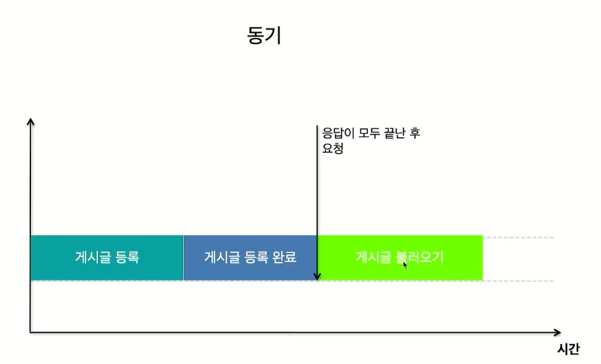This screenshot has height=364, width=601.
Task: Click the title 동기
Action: coord(264,36)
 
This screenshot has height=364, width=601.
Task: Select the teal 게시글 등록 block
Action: coord(107,258)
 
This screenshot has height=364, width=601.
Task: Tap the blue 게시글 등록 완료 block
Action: coord(250,258)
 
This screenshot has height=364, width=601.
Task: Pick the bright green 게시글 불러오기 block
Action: coord(400,258)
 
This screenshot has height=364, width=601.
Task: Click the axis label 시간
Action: coord(568,349)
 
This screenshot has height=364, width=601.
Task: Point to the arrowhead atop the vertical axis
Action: coord(30,122)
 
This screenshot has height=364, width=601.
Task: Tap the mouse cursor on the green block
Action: coord(405,264)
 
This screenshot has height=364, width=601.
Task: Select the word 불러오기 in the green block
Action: coord(419,258)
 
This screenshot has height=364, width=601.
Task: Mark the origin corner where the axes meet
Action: coord(30,333)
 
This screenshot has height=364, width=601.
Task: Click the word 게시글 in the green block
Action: coord(372,258)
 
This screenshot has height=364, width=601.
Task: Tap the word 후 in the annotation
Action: coord(416,133)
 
